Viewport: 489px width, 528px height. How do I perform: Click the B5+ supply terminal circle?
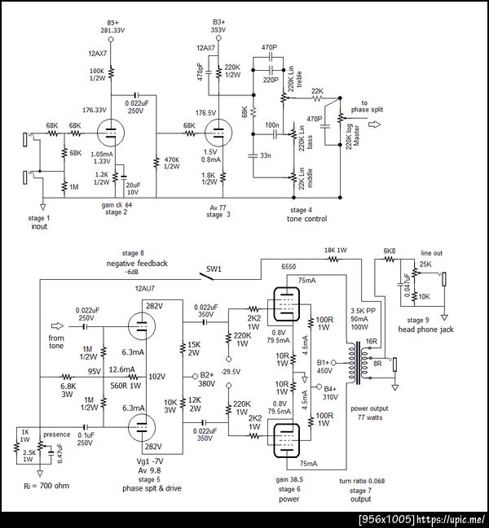point(111,39)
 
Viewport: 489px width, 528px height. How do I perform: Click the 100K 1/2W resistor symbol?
point(111,73)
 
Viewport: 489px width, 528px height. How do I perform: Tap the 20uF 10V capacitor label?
point(133,189)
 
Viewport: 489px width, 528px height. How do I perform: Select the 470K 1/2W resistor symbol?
point(156,162)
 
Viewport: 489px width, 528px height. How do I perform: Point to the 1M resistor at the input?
point(64,186)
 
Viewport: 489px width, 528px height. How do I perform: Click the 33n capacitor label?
point(266,155)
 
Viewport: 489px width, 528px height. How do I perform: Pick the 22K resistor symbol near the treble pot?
point(317,98)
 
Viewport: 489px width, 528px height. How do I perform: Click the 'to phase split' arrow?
point(374,124)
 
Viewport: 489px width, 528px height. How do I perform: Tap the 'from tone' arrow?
point(57,326)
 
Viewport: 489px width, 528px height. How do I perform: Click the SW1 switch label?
point(214,269)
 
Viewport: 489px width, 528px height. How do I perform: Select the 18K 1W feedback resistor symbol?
point(334,259)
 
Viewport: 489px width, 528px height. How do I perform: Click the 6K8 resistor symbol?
point(390,259)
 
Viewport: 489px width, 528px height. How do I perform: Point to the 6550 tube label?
point(289,267)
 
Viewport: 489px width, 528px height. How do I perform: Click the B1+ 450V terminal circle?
point(333,363)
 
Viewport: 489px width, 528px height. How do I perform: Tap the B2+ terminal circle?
point(195,376)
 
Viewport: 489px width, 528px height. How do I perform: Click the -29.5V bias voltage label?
point(231,372)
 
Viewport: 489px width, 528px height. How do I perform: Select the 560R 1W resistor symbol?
point(133,377)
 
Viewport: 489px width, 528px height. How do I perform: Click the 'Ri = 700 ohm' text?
point(46,486)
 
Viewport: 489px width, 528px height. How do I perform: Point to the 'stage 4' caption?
point(301,210)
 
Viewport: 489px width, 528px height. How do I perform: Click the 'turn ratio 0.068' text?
point(362,481)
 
